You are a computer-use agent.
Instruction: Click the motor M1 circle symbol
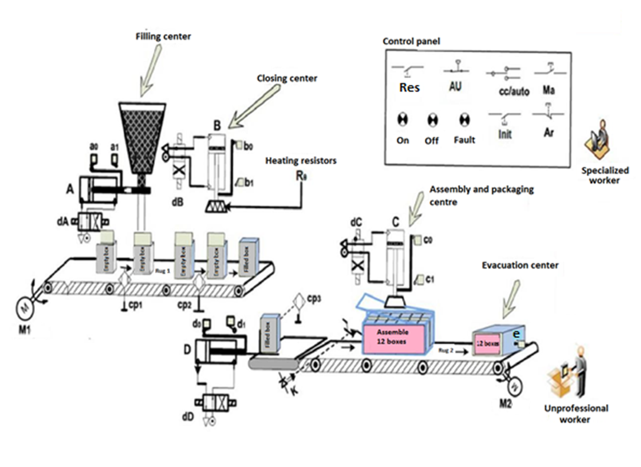click(x=25, y=308)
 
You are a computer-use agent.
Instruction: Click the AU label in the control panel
click(x=455, y=87)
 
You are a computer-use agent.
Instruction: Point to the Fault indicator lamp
click(x=464, y=121)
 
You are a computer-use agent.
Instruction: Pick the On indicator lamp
click(x=403, y=121)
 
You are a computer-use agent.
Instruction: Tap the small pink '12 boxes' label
click(x=488, y=343)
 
